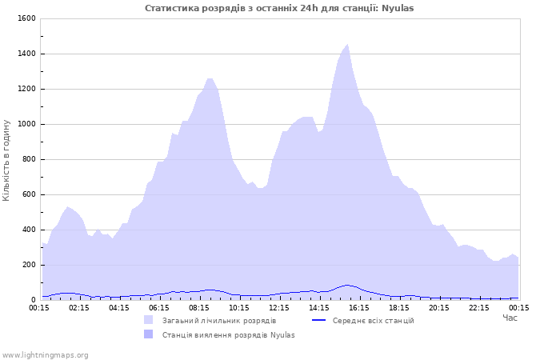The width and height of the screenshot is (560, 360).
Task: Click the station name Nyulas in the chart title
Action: click(398, 8)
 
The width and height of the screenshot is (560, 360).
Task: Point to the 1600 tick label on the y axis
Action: click(26, 18)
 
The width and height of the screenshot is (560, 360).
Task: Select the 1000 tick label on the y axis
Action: click(26, 124)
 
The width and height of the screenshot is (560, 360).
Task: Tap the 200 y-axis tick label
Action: click(29, 265)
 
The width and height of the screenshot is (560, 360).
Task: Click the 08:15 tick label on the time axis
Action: click(199, 308)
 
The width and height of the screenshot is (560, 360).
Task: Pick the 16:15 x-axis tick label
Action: click(359, 308)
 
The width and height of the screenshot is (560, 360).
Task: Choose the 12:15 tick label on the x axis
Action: click(279, 308)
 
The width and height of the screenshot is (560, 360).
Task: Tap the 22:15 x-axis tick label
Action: click(479, 308)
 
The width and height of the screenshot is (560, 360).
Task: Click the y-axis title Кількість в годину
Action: click(6, 160)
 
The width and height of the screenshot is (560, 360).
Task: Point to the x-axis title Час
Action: click(510, 318)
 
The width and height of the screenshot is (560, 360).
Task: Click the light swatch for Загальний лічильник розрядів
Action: click(148, 320)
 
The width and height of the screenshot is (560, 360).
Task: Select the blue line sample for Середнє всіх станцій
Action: click(318, 320)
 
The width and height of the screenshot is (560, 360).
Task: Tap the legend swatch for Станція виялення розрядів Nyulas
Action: click(148, 334)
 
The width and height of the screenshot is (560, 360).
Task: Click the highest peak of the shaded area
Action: click(347, 45)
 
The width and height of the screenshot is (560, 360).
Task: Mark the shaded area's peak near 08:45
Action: click(210, 79)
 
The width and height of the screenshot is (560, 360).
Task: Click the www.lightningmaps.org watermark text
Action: click(44, 355)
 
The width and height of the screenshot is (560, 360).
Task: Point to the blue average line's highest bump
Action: click(346, 285)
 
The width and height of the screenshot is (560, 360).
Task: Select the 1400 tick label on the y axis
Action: click(26, 54)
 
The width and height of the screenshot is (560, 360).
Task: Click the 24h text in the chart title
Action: click(309, 8)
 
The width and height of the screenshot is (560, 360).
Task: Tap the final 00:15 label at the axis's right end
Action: click(519, 308)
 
